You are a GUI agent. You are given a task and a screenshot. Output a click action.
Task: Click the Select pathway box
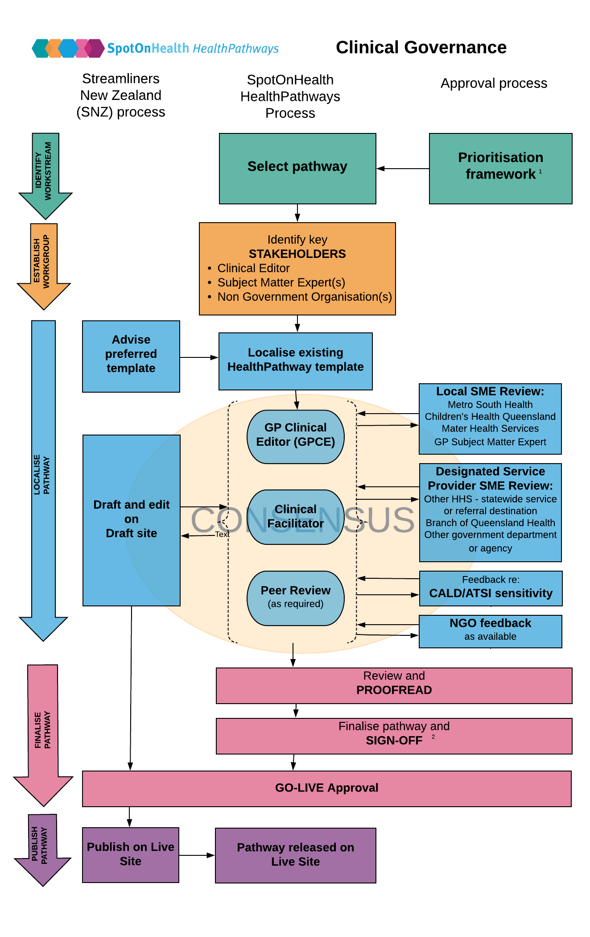coord(297,169)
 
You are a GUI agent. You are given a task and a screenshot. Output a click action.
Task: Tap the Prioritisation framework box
coord(500,169)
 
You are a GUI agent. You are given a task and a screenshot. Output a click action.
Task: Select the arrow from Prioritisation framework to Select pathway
coord(403,169)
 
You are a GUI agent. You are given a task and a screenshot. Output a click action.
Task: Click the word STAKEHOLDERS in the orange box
coord(297,254)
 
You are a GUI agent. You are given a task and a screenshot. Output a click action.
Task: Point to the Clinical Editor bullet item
coord(253,268)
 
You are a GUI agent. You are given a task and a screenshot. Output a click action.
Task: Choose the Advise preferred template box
coord(131,357)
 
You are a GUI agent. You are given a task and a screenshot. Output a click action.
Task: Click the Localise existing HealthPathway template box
coord(296,361)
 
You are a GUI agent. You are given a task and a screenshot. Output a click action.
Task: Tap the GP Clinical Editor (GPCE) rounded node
coord(296,437)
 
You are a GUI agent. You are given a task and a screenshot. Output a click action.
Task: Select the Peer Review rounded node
coord(296,598)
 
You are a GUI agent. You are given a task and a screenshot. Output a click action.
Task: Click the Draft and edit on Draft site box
coord(132,520)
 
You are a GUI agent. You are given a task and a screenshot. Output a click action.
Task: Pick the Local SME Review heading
coord(490,391)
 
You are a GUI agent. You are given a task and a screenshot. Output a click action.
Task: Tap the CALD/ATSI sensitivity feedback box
coord(491,589)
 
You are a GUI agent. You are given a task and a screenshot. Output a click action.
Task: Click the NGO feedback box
coord(491,631)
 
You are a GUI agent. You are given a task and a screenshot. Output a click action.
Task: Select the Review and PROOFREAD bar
coord(394,686)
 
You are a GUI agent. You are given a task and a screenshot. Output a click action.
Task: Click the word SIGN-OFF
coord(394,741)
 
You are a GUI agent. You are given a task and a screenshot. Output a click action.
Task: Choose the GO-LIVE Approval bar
coord(327,789)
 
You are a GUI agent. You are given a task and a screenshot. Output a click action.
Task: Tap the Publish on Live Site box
coord(131,855)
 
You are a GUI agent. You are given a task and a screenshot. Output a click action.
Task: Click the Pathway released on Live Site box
coord(296,855)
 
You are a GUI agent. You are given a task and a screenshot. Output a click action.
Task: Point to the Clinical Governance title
coord(421,47)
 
